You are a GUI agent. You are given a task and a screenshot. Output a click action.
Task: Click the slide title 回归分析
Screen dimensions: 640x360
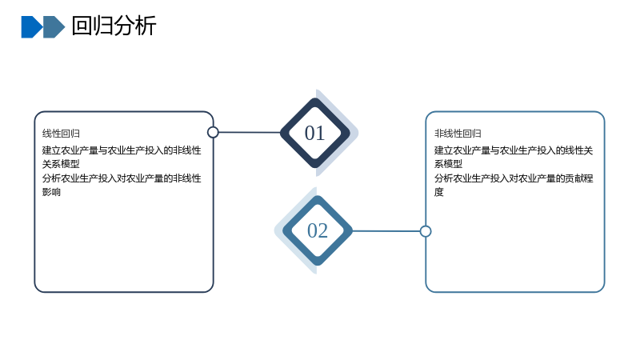(114, 26)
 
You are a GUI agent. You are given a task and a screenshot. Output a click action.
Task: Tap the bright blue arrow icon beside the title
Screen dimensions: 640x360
(31, 27)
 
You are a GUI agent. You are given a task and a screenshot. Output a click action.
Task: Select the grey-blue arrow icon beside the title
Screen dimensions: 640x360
(54, 27)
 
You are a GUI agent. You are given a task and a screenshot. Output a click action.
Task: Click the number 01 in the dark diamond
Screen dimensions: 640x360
(314, 133)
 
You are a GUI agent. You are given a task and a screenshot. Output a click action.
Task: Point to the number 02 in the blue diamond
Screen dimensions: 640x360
(318, 230)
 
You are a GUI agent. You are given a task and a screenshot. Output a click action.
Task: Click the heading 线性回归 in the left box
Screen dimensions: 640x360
(61, 134)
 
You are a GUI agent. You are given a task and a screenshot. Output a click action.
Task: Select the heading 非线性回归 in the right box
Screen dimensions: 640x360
(458, 134)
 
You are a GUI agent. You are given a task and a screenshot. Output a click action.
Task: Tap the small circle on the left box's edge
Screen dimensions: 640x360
(213, 132)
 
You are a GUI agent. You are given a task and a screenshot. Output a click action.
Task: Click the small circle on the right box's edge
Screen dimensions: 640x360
(426, 231)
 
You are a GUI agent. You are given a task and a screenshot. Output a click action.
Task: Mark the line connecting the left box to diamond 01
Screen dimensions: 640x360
(250, 132)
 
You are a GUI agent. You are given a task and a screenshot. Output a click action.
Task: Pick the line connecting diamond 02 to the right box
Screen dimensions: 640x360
(386, 231)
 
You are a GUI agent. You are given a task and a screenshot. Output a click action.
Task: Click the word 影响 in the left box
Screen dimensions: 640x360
(51, 192)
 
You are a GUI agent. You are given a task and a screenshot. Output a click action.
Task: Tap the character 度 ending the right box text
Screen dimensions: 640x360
(438, 192)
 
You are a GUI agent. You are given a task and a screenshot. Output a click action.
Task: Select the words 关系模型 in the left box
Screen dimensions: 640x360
(61, 164)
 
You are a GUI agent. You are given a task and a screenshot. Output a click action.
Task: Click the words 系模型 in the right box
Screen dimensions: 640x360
(448, 164)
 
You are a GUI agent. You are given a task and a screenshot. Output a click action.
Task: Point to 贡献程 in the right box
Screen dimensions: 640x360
(579, 178)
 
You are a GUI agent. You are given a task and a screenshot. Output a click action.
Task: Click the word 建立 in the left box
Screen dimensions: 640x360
(51, 150)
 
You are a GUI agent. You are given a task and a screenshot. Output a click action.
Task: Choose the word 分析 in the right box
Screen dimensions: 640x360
(444, 178)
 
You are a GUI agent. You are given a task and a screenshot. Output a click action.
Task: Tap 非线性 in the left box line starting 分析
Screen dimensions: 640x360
(187, 178)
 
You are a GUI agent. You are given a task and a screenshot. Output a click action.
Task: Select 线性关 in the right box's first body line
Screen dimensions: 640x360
(579, 150)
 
